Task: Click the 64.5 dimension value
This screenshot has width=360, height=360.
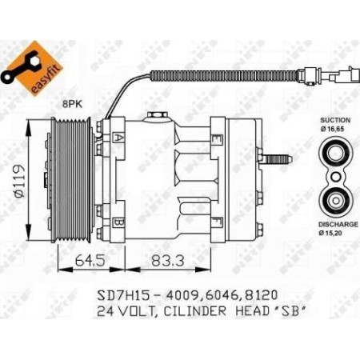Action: point(77,261)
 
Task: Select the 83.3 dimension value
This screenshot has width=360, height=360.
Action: point(161,261)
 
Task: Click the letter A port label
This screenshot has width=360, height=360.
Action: point(118,138)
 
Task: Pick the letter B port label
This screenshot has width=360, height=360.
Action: point(118,222)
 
